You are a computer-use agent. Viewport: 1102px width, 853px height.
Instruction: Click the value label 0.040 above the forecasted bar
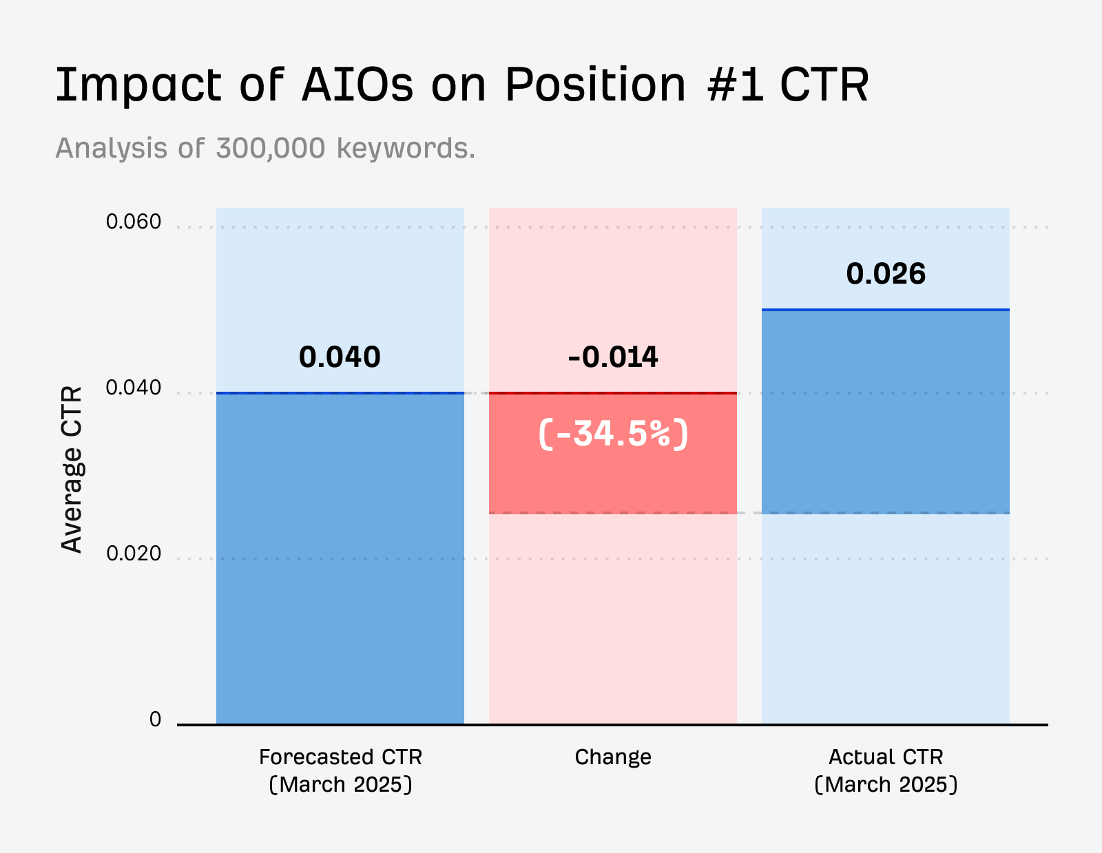[340, 357]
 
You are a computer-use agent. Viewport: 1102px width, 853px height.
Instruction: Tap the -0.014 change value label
[613, 357]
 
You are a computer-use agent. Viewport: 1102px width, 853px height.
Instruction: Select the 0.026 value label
[886, 274]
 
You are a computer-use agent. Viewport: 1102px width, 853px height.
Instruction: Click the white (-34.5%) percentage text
[613, 434]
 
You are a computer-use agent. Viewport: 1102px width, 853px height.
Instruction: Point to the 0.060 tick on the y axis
[134, 222]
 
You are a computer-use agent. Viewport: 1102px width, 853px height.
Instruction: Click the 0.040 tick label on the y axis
[134, 388]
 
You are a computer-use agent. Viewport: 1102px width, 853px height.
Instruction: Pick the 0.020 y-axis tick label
[134, 554]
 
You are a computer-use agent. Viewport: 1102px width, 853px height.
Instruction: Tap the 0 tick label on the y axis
[155, 719]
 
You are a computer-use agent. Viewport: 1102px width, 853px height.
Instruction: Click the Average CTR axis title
[72, 470]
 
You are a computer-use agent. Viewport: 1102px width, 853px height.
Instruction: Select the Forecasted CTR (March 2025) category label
[340, 770]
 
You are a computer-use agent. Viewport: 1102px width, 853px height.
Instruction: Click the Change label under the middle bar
[613, 757]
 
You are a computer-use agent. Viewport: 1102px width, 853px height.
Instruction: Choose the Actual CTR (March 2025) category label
[886, 770]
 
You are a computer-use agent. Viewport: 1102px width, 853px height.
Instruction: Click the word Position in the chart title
[595, 85]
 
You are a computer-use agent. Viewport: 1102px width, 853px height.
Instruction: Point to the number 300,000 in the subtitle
[270, 148]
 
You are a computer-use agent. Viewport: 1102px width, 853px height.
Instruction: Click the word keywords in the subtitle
[405, 148]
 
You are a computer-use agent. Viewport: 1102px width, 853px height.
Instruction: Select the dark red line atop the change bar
[613, 393]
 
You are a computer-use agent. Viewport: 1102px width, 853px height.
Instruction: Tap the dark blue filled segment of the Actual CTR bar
[886, 413]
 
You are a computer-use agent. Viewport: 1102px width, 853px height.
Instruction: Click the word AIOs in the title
[357, 85]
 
